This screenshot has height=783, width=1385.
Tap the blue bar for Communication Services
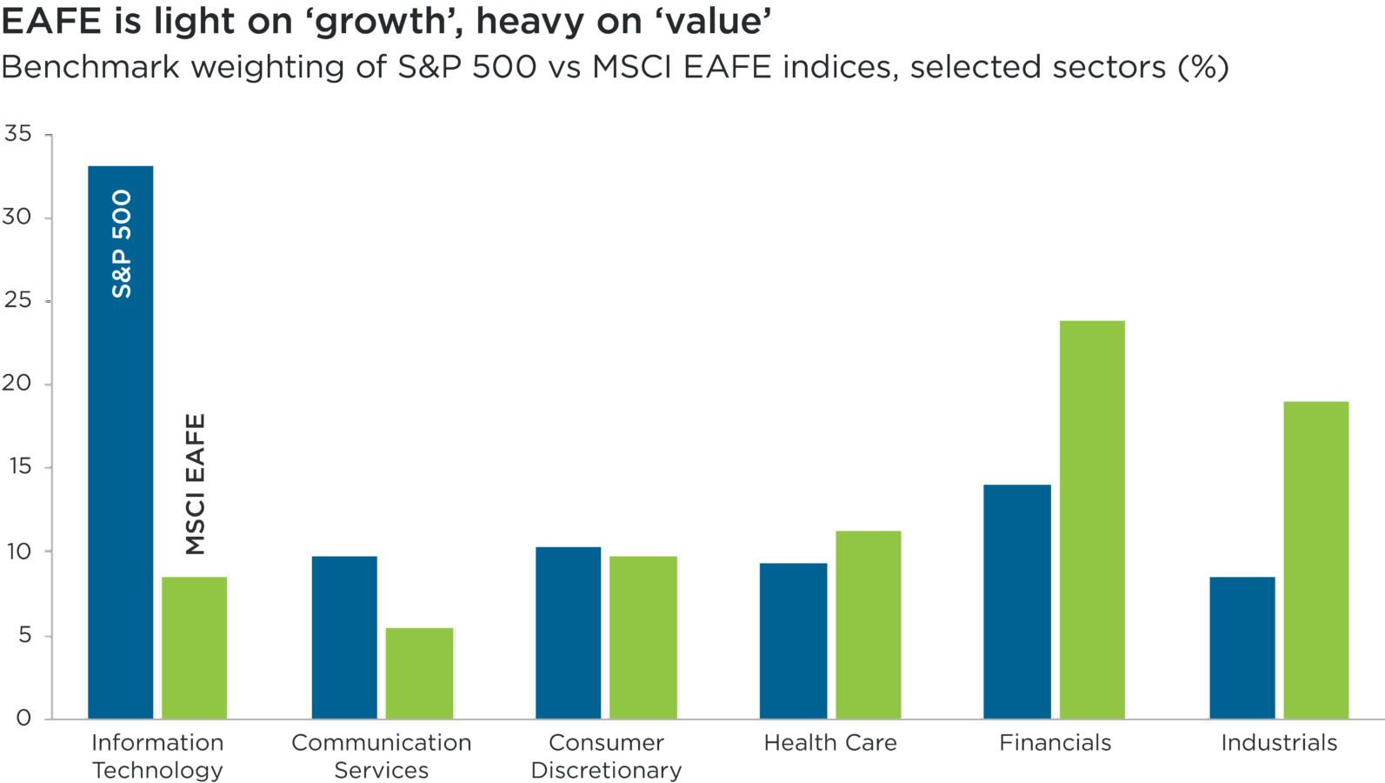click(x=344, y=636)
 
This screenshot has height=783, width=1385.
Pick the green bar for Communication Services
click(x=419, y=672)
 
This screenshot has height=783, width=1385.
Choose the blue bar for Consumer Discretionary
click(x=569, y=632)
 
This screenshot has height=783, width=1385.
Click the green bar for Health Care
click(x=869, y=624)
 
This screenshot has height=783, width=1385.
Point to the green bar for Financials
click(x=1092, y=519)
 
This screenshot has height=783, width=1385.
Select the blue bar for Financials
click(x=1017, y=600)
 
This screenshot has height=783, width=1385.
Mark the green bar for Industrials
click(x=1316, y=559)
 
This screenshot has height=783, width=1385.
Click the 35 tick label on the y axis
click(x=17, y=134)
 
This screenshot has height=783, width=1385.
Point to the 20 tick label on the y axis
click(x=17, y=384)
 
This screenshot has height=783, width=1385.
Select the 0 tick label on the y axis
click(x=23, y=718)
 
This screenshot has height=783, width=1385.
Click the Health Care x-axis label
click(x=830, y=743)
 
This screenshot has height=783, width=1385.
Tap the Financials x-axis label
click(x=1055, y=743)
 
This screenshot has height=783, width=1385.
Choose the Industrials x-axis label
click(x=1279, y=743)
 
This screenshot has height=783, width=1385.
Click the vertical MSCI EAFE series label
click(x=196, y=484)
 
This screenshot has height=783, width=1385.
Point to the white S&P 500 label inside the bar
click(x=122, y=244)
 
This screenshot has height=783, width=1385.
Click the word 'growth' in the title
click(x=380, y=22)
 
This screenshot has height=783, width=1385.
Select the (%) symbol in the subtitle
click(x=1203, y=67)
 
